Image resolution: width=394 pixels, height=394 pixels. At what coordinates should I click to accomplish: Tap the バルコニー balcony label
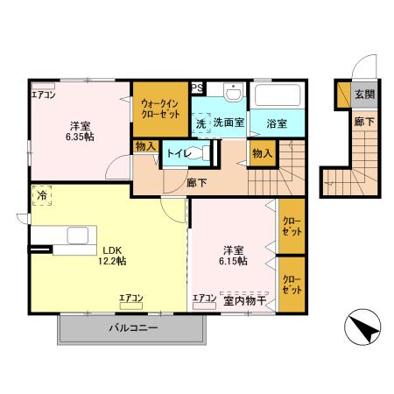pyautogui.click(x=133, y=328)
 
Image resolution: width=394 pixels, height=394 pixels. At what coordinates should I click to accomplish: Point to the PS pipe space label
pyautogui.click(x=197, y=87)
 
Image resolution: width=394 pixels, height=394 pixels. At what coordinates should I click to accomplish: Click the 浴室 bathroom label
pyautogui.click(x=278, y=123)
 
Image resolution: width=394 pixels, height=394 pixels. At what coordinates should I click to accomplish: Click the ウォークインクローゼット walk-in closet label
pyautogui.click(x=160, y=109)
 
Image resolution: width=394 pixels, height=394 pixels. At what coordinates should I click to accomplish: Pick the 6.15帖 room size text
pyautogui.click(x=233, y=260)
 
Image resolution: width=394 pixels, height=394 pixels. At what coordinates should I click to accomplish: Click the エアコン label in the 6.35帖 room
pyautogui.click(x=43, y=94)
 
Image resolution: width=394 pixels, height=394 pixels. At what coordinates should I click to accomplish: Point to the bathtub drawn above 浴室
pyautogui.click(x=278, y=95)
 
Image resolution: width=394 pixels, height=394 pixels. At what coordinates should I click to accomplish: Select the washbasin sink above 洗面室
pyautogui.click(x=233, y=92)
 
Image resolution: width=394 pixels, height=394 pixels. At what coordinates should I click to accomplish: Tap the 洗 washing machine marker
pyautogui.click(x=201, y=123)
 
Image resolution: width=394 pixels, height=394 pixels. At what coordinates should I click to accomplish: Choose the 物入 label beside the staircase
pyautogui.click(x=261, y=153)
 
